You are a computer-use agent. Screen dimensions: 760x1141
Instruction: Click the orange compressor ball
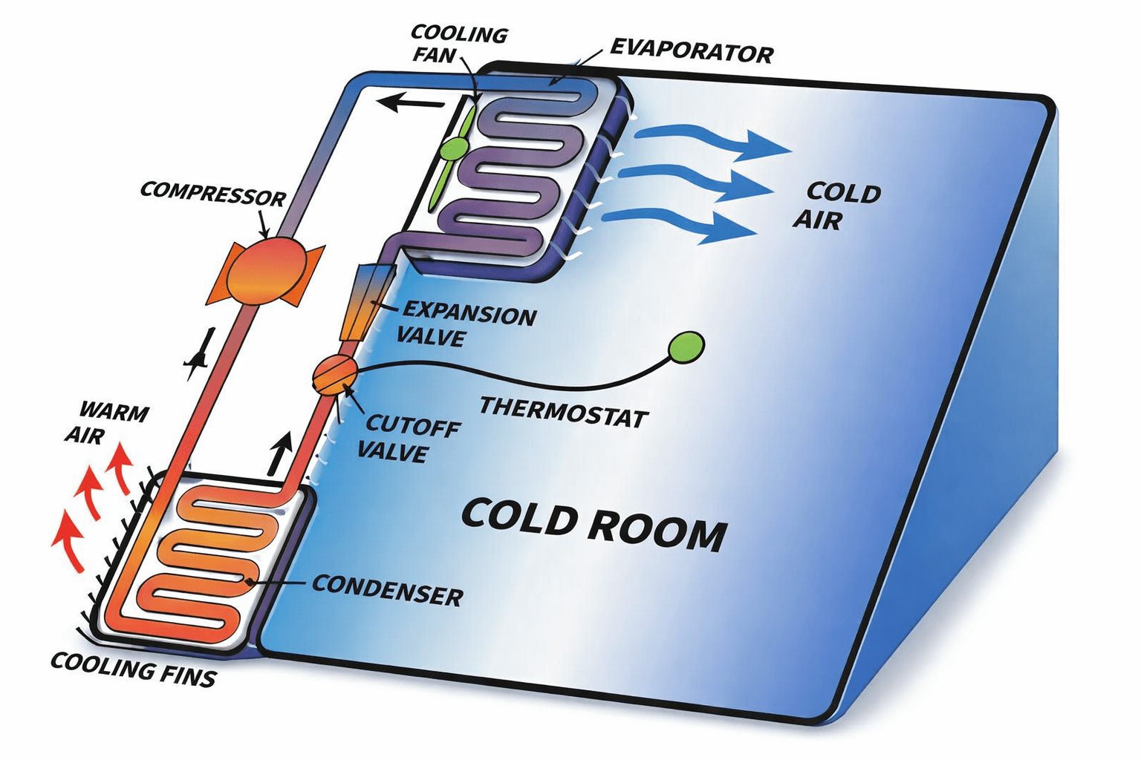265,272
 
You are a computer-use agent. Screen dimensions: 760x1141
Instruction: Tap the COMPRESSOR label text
212,194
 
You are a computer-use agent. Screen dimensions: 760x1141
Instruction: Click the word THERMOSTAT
563,413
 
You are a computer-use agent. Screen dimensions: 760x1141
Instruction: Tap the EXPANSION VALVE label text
467,325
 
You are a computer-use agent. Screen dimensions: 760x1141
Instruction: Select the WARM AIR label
105,422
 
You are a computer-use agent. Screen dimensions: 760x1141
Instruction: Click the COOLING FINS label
134,669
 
